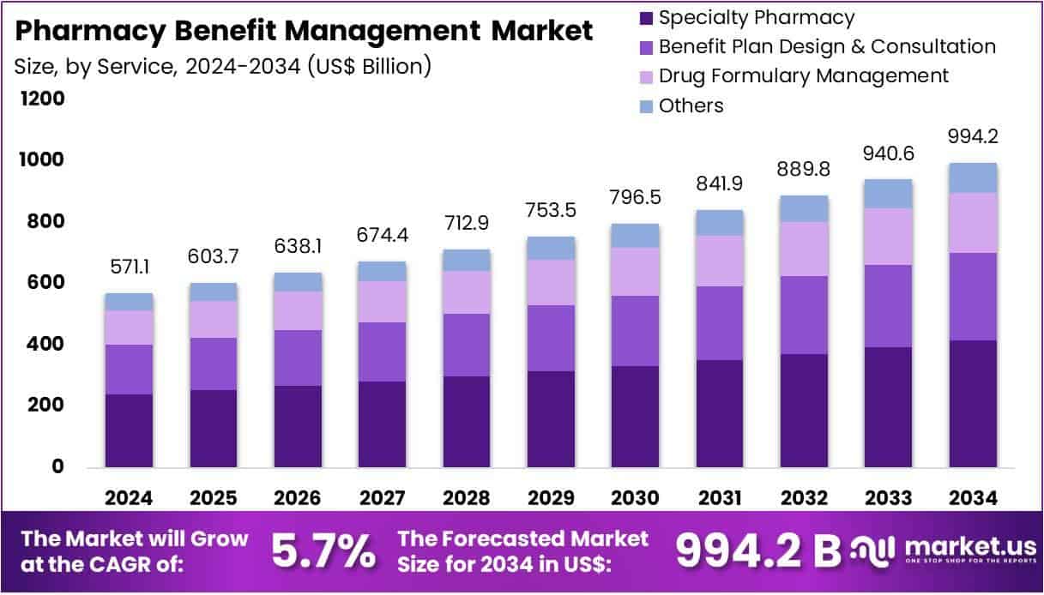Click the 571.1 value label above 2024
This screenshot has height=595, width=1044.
pos(130,268)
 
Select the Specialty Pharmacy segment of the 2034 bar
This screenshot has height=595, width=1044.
pos(973,403)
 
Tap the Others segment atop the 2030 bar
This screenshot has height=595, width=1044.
pos(635,236)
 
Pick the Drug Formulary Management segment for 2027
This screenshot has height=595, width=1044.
pos(383,302)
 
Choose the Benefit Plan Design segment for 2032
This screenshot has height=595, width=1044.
pos(804,315)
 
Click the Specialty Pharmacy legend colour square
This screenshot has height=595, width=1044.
pos(647,18)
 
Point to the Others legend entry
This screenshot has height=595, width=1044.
pos(691,105)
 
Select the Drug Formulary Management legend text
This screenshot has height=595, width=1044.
pos(804,75)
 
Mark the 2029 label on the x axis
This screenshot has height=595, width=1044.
pos(551,498)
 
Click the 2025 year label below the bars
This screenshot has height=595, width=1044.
pos(214,498)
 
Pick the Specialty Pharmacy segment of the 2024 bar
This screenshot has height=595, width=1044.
pos(130,430)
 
